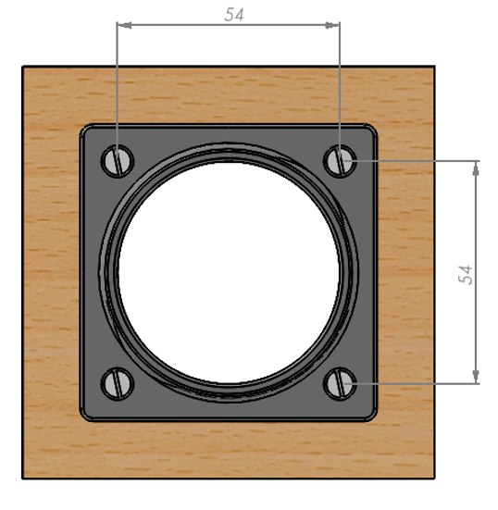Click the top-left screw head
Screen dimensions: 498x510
coord(118,161)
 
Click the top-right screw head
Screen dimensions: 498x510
coord(340,161)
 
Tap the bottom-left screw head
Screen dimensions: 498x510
coord(118,384)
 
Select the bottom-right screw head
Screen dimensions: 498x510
coord(340,384)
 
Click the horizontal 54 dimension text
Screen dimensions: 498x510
coord(234,15)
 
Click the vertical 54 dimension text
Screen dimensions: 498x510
coord(466,275)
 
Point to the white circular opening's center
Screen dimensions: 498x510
coord(229,272)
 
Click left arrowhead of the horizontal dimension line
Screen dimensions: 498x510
coord(124,25)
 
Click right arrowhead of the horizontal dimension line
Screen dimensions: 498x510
coord(332,25)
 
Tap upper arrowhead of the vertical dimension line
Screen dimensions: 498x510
coord(476,168)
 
